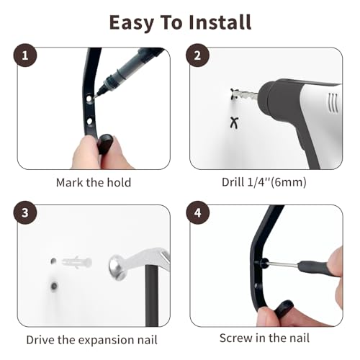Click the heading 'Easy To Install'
tap(180, 22)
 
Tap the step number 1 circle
tap(27, 55)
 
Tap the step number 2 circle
tap(198, 55)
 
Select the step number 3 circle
tap(27, 214)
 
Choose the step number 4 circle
tap(198, 214)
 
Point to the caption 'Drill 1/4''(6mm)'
tap(264, 182)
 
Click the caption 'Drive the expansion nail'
tap(91, 339)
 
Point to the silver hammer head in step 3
tap(122, 266)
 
